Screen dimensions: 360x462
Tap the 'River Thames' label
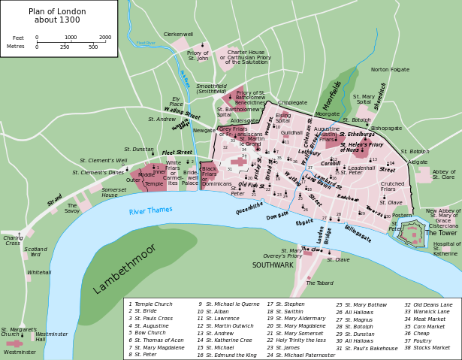point(150,211)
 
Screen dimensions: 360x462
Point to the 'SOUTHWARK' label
point(273,265)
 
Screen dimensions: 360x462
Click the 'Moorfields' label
point(332,95)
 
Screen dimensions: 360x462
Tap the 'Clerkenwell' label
point(178,34)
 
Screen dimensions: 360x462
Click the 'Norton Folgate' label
point(390,69)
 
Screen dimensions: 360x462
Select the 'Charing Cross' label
point(11,241)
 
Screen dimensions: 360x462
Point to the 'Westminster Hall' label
point(52,337)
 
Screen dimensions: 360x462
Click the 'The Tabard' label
point(319,283)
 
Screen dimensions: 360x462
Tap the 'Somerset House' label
point(114,192)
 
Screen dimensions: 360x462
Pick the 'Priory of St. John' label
point(198,56)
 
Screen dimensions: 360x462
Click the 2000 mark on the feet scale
point(104,37)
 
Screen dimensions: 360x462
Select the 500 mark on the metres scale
point(93,47)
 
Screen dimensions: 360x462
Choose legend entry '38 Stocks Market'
point(428,346)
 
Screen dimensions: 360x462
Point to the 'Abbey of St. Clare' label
point(443,174)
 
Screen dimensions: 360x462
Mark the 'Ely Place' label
point(177,101)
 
